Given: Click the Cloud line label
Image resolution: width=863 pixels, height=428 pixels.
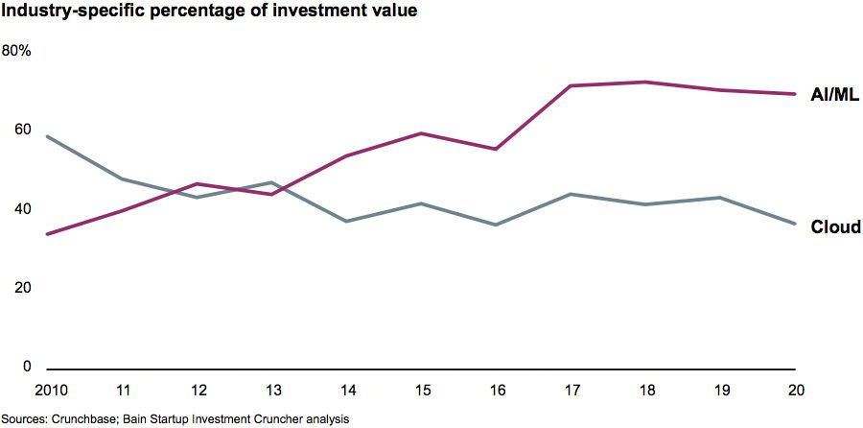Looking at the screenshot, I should (x=835, y=227).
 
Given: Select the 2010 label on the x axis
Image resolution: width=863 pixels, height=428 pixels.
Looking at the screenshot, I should (x=47, y=390).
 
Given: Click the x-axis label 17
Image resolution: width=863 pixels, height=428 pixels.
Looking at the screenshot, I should (x=571, y=390).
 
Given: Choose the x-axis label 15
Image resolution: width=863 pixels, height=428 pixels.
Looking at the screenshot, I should (x=422, y=390).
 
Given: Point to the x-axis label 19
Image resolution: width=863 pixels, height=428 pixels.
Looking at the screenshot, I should (x=721, y=390).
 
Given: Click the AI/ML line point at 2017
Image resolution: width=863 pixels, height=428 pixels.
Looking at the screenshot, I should (x=571, y=86).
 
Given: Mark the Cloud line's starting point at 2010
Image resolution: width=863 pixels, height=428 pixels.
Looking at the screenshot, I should (x=47, y=136).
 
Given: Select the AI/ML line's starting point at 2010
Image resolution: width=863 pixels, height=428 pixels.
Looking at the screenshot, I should (x=47, y=234).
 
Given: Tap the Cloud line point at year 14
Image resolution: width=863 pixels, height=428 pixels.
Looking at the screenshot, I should (x=346, y=222).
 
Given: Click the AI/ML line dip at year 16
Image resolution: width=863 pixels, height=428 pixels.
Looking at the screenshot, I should (x=497, y=149).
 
